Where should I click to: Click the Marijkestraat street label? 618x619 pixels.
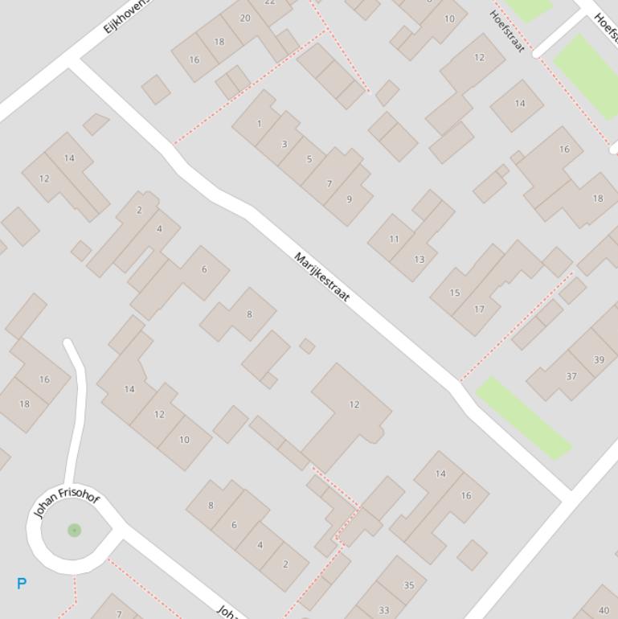pos(322,277)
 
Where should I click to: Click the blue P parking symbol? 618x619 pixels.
pos(22,584)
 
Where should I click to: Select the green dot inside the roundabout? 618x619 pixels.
pos(74,530)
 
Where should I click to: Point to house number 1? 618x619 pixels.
pos(259,124)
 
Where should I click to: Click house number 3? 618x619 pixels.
pos(284,145)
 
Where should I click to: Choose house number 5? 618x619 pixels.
pos(309,159)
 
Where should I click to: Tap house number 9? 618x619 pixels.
pos(349,199)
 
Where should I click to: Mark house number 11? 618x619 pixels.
pos(394,239)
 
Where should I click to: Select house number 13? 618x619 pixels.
pos(419,259)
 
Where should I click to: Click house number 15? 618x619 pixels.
pos(455,293)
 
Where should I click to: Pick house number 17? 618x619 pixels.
pos(479,309)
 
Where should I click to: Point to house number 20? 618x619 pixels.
pos(245,18)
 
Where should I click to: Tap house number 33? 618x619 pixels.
pos(383,610)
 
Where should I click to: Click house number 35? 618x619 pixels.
pos(408,585)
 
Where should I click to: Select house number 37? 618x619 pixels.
pos(571,376)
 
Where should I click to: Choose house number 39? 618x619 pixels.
pos(598,359)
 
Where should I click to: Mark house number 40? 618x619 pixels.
pos(604,611)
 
